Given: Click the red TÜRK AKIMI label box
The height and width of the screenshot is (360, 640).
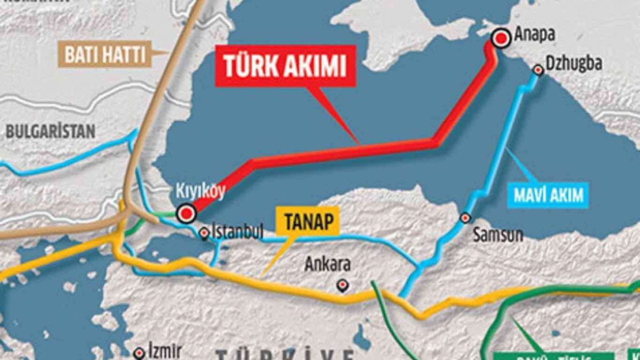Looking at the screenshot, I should coord(285,66).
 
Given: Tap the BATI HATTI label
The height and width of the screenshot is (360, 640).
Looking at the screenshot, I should coord(105,54).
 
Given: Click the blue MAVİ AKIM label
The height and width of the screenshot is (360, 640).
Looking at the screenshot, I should coord(548,195).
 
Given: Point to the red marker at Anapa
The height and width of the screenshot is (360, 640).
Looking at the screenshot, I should coord(500,38).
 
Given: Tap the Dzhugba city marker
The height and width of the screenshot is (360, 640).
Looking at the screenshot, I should coord(538,70).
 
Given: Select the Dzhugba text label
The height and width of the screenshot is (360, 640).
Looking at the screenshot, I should coord(573,64).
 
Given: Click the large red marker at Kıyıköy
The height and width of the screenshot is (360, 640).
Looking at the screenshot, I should coord(186,213).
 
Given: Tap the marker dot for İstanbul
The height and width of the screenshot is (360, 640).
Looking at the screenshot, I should coord(204,233).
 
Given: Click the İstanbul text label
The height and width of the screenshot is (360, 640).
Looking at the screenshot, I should coord(237,231).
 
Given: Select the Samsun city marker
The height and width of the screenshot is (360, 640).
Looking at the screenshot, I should coord(465,218).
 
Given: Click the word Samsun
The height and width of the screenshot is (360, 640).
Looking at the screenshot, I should coord(497,234).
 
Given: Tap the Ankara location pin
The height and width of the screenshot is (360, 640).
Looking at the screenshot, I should coord(342,285).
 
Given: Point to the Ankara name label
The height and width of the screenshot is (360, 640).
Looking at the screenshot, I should coord(327,264).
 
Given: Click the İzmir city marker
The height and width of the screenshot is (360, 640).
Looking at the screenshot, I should coord(139,353).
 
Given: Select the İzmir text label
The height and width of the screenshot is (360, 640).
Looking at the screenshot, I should coord(165,351).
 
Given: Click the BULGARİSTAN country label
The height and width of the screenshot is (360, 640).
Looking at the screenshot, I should coord(50,131).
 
